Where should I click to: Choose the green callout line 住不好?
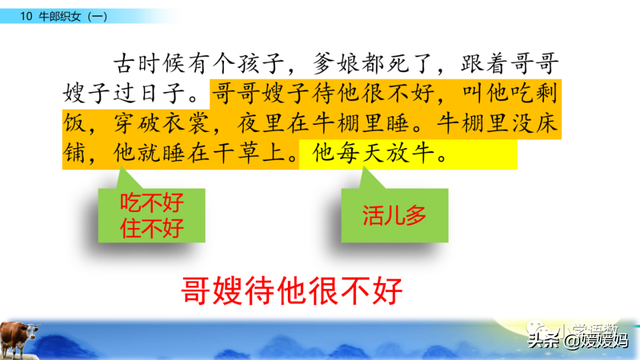(151, 224)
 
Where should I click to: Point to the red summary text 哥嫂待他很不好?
(289, 290)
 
